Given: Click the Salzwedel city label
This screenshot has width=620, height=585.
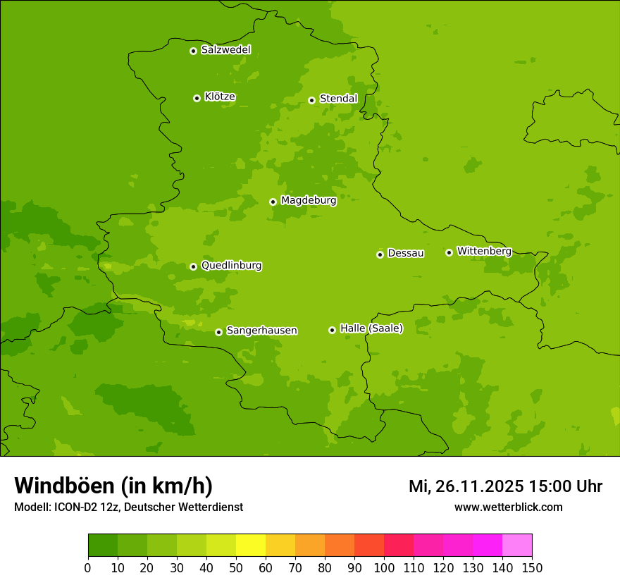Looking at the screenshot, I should click(225, 50).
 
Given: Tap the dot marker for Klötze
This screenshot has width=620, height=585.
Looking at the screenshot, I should click(197, 98).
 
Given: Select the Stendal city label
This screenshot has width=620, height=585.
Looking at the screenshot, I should click(338, 99).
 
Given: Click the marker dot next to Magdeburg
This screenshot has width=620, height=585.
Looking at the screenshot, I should click(273, 202).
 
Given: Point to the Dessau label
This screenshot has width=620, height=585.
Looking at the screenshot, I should click(406, 253).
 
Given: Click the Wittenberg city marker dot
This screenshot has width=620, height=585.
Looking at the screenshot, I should click(449, 252).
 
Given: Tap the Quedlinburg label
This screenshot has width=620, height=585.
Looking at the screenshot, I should click(231, 266).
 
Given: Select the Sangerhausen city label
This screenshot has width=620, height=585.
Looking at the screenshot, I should click(261, 331).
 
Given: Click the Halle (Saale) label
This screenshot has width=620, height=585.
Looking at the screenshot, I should click(371, 328).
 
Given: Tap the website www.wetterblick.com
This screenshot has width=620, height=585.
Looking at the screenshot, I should click(508, 507).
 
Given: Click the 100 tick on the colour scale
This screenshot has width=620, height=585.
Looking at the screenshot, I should click(384, 567).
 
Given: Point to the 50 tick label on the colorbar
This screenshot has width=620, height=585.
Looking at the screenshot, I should click(236, 567).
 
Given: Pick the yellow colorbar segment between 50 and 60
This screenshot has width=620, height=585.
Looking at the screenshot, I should click(251, 546).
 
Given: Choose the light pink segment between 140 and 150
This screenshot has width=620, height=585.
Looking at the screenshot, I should click(517, 546).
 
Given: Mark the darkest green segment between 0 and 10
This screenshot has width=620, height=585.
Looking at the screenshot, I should click(103, 546).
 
